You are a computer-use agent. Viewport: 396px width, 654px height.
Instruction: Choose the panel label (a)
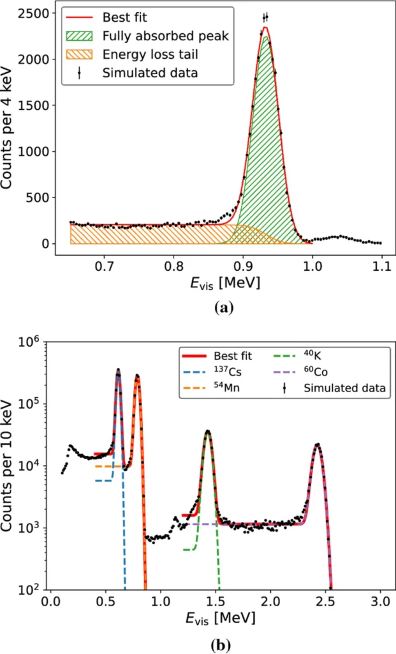tap(224, 307)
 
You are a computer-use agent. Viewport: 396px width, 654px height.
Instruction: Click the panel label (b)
tap(224, 645)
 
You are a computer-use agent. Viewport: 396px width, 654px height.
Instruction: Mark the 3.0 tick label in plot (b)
tap(381, 602)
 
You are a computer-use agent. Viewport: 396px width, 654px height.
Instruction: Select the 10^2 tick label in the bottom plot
tap(45, 588)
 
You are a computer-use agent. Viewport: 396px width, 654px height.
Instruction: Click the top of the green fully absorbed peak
tap(266, 37)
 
